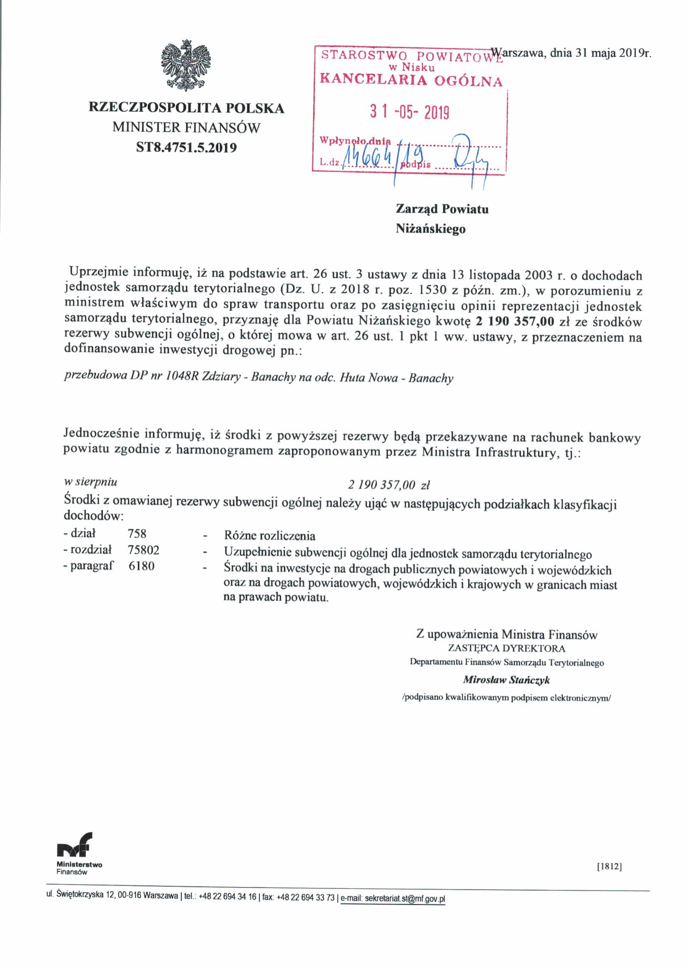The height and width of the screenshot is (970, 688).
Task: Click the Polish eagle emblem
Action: tap(186, 65)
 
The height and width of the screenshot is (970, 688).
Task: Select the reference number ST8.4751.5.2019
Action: tap(186, 148)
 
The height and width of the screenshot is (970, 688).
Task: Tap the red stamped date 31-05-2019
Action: tap(409, 113)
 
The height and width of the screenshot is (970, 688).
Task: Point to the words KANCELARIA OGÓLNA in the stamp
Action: tap(411, 80)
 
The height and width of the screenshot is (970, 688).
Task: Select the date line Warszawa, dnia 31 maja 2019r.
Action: tap(571, 53)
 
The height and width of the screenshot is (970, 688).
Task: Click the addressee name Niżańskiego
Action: tap(431, 229)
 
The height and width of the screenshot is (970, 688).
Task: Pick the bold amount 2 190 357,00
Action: tap(515, 321)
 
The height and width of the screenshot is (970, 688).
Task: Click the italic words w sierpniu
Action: tap(90, 482)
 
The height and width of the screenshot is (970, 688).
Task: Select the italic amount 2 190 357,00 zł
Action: tap(389, 485)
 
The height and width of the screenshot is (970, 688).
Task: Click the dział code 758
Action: tap(137, 533)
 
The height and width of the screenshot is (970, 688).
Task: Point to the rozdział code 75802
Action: tap(143, 550)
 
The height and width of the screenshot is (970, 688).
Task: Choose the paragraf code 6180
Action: tap(141, 566)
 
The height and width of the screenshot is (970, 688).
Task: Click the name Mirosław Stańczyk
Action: tap(506, 680)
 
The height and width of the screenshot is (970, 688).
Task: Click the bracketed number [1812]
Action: tap(609, 867)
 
